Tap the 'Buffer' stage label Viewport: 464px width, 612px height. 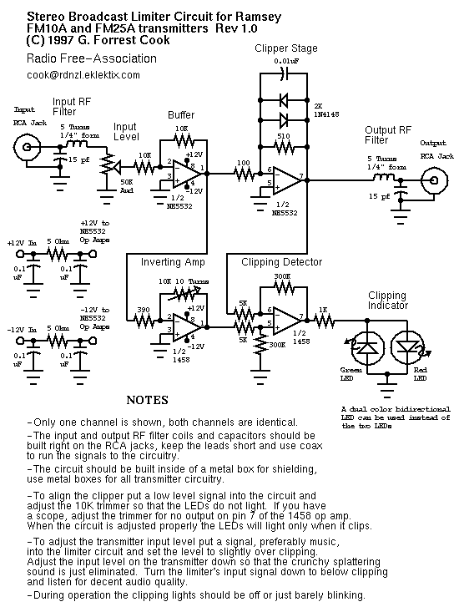pos(181,114)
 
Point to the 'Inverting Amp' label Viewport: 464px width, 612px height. pos(173,262)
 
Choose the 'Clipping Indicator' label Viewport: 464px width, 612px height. pos(386,301)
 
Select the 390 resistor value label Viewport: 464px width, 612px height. pos(143,308)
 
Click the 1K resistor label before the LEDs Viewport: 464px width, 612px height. pos(322,309)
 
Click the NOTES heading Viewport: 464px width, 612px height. pos(148,400)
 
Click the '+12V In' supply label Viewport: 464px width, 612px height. pos(22,242)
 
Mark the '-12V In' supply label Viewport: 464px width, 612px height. pos(22,332)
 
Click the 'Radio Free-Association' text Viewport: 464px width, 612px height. pos(92,58)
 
